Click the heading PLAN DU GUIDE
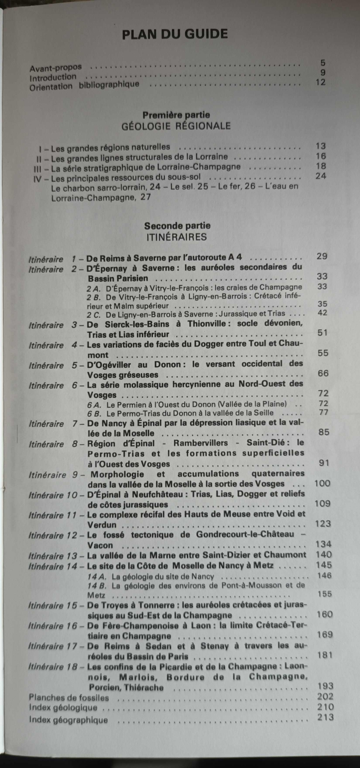[175, 34]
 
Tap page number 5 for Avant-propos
[323, 63]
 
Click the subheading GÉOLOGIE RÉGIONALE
[176, 126]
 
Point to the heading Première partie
[176, 115]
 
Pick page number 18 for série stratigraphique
[321, 166]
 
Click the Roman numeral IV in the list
[38, 179]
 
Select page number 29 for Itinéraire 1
[322, 256]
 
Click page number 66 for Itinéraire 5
[323, 373]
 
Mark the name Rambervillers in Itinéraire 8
[201, 443]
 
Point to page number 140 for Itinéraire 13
[324, 554]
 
